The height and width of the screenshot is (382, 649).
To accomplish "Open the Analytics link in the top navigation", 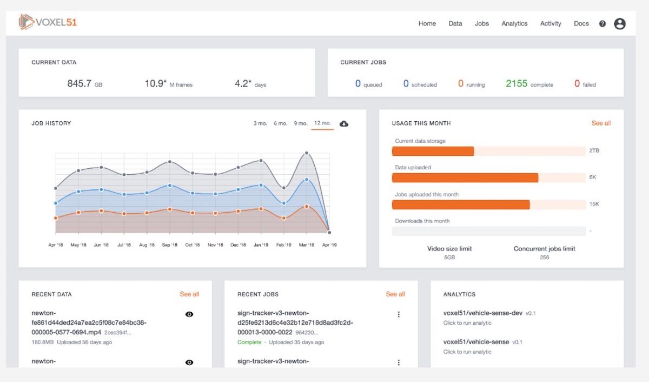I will tap(514, 24).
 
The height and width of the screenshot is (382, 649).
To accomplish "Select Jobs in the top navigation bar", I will tap(481, 24).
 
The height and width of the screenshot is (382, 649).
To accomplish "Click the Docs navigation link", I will tap(581, 24).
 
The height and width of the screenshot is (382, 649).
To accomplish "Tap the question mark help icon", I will tap(602, 24).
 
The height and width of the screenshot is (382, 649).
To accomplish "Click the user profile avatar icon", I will tap(620, 24).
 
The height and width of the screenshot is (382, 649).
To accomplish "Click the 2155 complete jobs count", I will tap(516, 84).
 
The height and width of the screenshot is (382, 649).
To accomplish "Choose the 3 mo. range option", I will tap(260, 123).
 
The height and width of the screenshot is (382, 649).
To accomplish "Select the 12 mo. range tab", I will tap(322, 123).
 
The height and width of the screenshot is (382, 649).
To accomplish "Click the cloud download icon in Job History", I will tap(344, 124).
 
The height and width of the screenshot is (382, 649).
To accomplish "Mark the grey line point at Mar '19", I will tap(307, 153).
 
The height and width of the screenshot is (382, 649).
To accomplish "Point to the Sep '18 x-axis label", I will tap(170, 245).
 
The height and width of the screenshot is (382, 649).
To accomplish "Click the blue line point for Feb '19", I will tap(284, 203).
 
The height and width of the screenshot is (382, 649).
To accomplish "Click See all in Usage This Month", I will tap(601, 123).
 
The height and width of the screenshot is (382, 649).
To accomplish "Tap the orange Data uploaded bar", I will tap(465, 177).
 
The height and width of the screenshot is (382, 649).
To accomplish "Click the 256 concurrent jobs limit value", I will tap(544, 258).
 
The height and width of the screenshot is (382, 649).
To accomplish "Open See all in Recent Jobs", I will tap(395, 294).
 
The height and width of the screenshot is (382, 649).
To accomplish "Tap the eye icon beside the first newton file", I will tap(189, 314).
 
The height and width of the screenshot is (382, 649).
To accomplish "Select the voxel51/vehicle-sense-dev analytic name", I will tap(482, 313).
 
